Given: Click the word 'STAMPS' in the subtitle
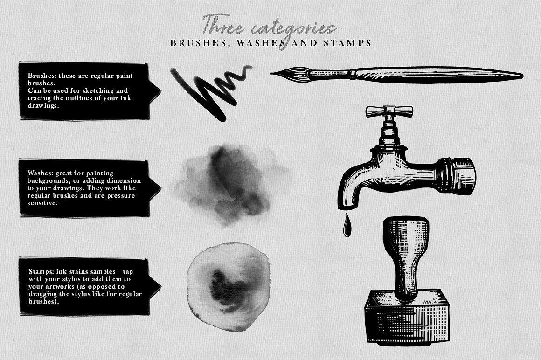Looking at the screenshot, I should coord(350,43).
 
